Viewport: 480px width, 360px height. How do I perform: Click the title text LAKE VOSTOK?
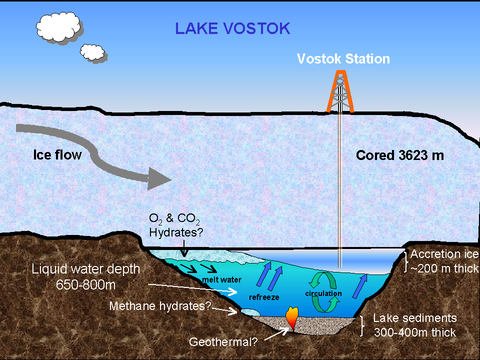(232, 28)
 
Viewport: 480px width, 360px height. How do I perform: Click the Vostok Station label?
(343, 59)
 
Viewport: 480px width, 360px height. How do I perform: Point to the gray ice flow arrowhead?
(159, 178)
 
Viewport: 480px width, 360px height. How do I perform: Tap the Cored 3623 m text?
(399, 155)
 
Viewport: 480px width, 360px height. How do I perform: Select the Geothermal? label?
(223, 343)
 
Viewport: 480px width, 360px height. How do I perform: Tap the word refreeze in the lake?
(263, 297)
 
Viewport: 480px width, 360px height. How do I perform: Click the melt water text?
(215, 279)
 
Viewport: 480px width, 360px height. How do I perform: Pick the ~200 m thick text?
(444, 268)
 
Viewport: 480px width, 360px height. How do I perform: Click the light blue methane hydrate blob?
(250, 311)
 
